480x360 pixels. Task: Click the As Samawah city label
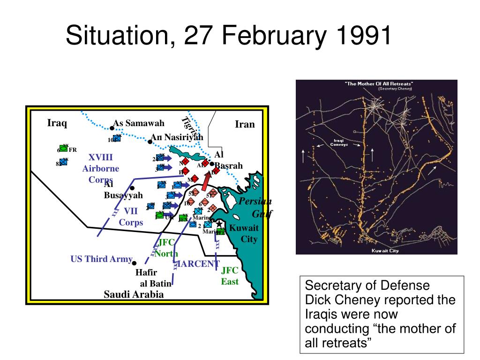pyautogui.click(x=139, y=123)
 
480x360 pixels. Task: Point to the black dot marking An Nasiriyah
pyautogui.click(x=150, y=142)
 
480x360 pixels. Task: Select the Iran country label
pyautogui.click(x=245, y=124)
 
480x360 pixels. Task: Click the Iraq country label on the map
pyautogui.click(x=57, y=123)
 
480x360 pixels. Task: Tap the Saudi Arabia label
pyautogui.click(x=134, y=294)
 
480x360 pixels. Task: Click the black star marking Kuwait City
pyautogui.click(x=218, y=225)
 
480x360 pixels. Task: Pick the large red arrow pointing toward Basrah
pyautogui.click(x=206, y=180)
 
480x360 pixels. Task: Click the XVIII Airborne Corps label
pyautogui.click(x=101, y=168)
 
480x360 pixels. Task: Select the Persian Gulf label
pyautogui.click(x=256, y=207)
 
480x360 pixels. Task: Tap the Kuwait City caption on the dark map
pyautogui.click(x=384, y=251)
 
